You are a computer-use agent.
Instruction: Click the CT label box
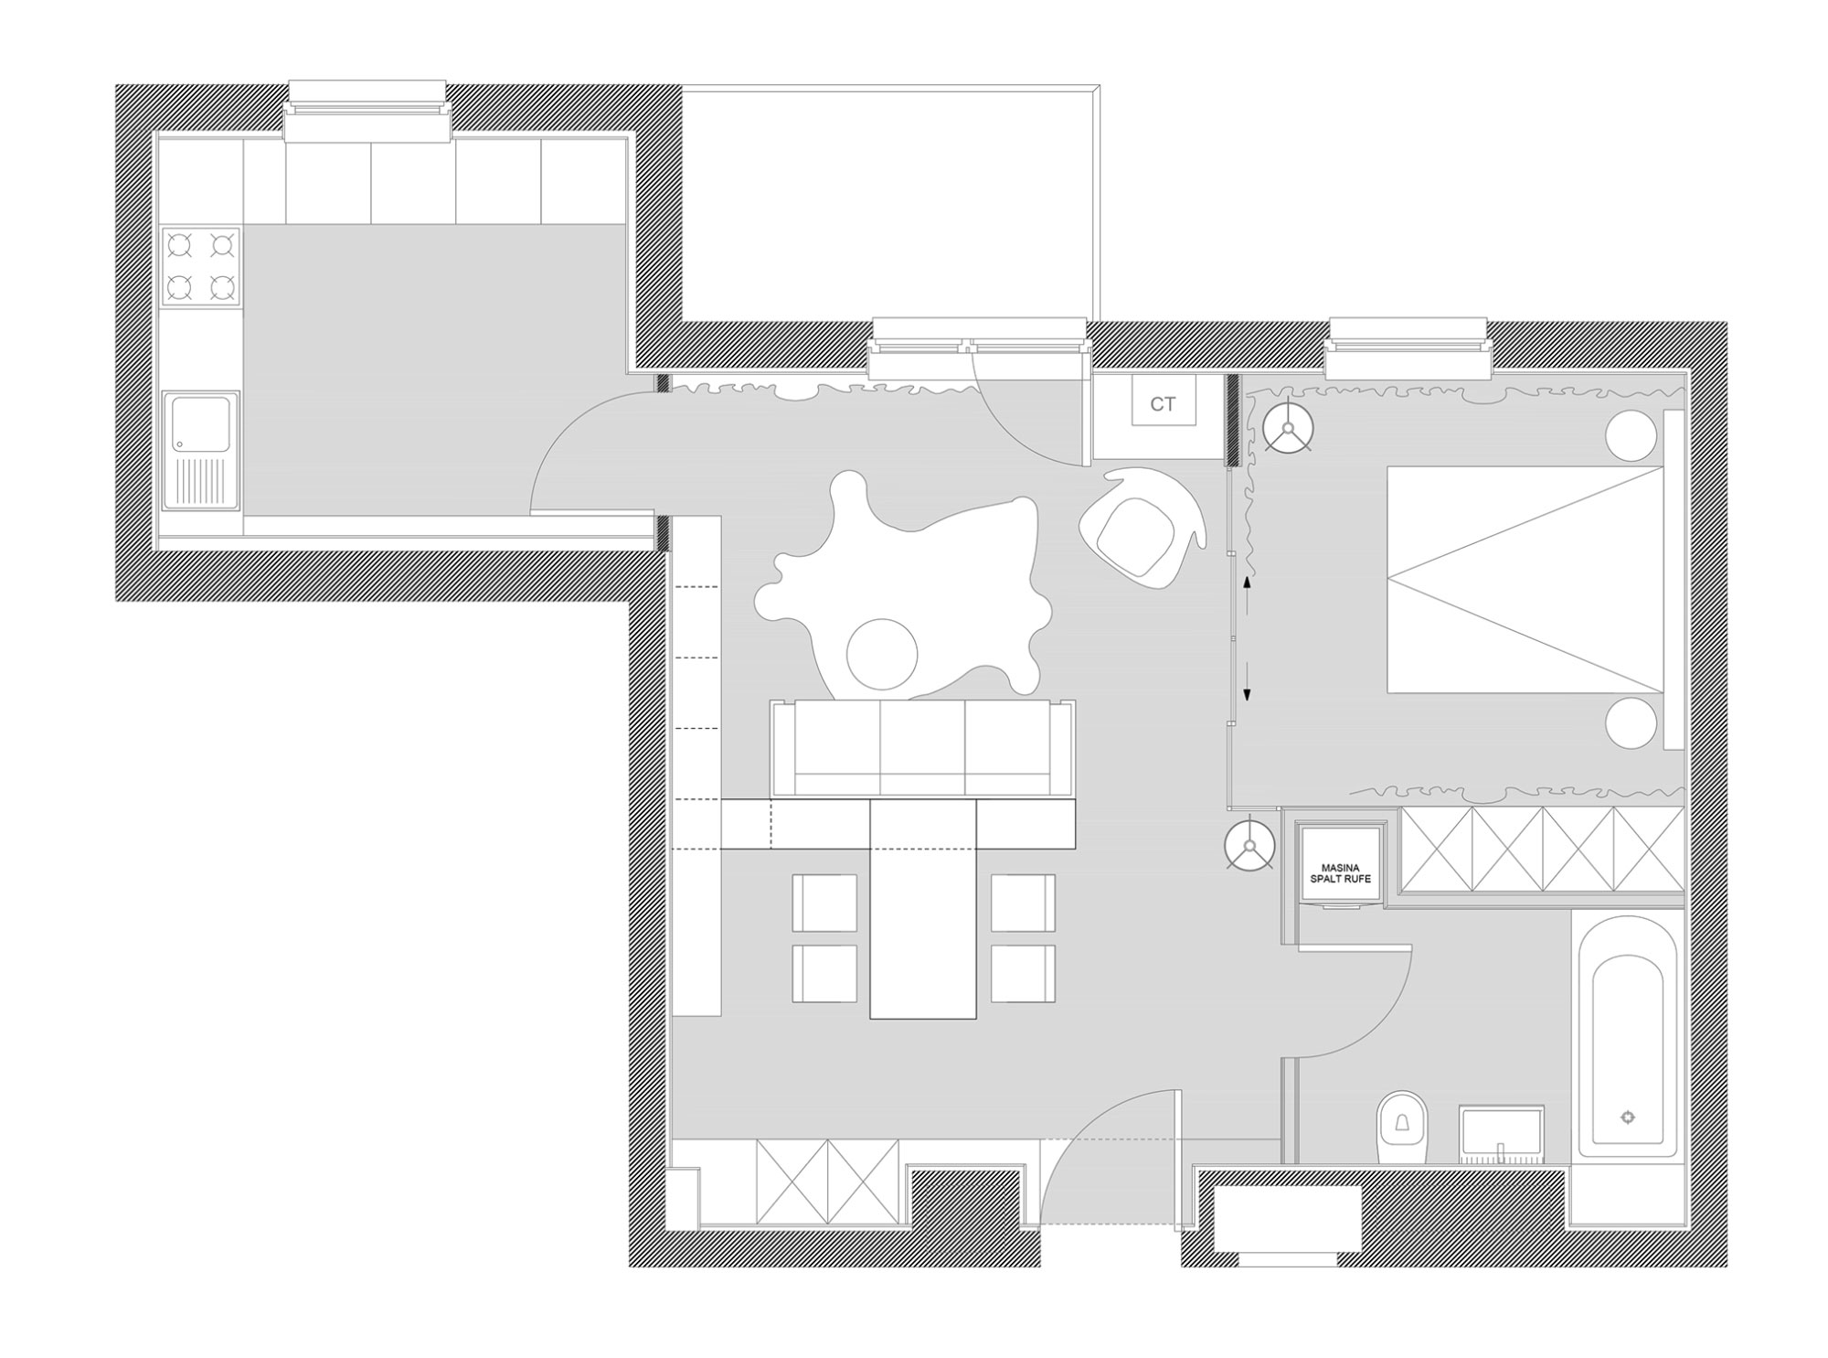click(1163, 403)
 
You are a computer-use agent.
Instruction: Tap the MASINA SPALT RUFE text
click(1341, 872)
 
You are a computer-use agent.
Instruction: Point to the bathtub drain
click(1628, 1117)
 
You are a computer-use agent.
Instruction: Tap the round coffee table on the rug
click(881, 653)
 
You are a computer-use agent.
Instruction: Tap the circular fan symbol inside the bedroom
click(1289, 427)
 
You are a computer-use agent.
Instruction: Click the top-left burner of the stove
click(179, 245)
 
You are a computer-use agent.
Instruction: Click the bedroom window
click(1408, 348)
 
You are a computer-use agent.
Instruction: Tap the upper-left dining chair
click(824, 903)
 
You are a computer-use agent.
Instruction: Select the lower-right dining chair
click(1023, 973)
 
